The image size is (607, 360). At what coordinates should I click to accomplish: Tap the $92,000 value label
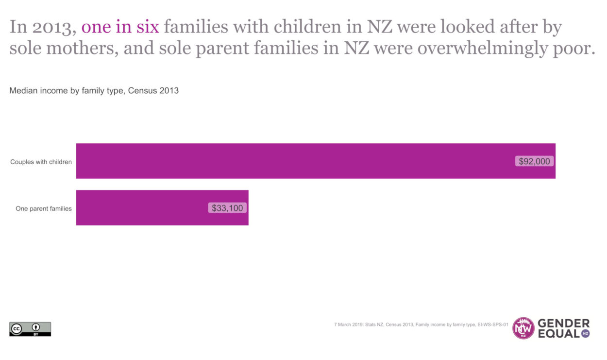[x=534, y=161]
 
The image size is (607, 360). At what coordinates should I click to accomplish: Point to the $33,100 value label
[x=228, y=208]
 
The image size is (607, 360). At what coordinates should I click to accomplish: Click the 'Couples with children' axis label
[x=41, y=162]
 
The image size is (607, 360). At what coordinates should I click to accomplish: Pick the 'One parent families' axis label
[x=44, y=208]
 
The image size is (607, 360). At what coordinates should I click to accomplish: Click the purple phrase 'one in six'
[x=120, y=27]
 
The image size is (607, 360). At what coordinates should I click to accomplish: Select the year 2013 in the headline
[x=54, y=27]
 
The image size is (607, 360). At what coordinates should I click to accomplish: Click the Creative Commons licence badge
[x=30, y=329]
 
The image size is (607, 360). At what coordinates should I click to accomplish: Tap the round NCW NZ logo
[x=523, y=328]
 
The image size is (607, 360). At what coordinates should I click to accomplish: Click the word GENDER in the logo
[x=564, y=324]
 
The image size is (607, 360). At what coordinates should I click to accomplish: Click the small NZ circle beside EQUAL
[x=585, y=334]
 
